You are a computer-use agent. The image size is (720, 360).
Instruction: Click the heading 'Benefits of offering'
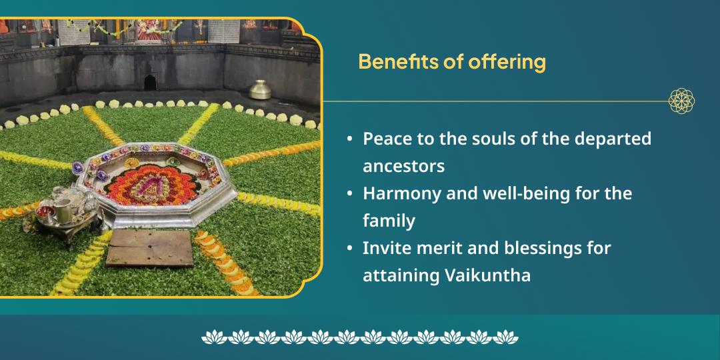[x=451, y=62]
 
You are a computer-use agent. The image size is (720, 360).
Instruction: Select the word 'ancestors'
[x=403, y=165]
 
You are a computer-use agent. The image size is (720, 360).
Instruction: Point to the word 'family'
[x=389, y=220]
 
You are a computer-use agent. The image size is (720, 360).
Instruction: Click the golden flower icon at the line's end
[x=681, y=101]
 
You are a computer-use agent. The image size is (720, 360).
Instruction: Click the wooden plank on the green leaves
[x=150, y=247]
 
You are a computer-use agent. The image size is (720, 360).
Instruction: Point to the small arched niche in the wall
[x=150, y=82]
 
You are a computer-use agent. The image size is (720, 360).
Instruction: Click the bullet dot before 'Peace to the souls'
[x=350, y=139]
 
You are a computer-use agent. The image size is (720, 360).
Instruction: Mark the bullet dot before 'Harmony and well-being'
[x=350, y=193]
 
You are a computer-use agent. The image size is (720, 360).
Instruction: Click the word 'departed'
[x=613, y=139]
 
